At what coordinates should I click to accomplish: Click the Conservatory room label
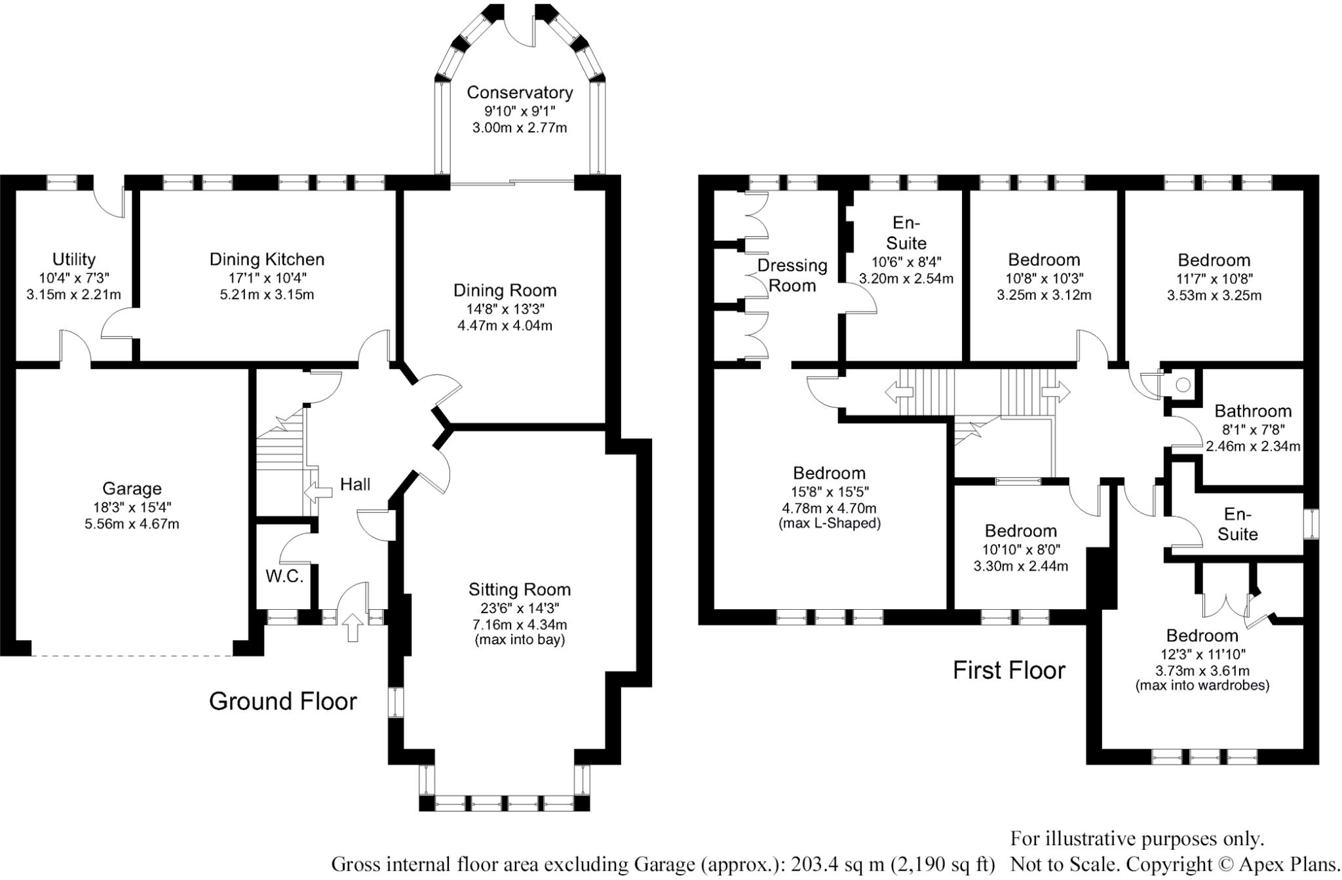[x=520, y=92]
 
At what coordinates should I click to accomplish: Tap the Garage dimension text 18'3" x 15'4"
[x=132, y=507]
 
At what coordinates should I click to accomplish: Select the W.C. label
[x=284, y=576]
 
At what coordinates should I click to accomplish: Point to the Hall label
[x=355, y=485]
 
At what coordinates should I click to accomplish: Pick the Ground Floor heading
[x=283, y=702]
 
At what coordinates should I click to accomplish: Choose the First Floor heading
[x=1009, y=670]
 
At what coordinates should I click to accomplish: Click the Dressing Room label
[x=792, y=275]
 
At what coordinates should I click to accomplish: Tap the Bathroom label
[x=1253, y=411]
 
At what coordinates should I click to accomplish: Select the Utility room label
[x=74, y=260]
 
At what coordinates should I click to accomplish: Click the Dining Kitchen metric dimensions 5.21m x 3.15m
[x=267, y=294]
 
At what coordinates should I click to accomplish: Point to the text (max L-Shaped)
[x=829, y=523]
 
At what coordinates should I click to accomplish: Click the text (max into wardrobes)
[x=1202, y=686]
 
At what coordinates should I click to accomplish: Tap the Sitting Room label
[x=520, y=590]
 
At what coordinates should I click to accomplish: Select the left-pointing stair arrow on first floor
[x=899, y=393]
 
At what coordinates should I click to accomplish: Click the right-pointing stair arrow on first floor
[x=1056, y=393]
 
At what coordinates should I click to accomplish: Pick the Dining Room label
[x=505, y=290]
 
